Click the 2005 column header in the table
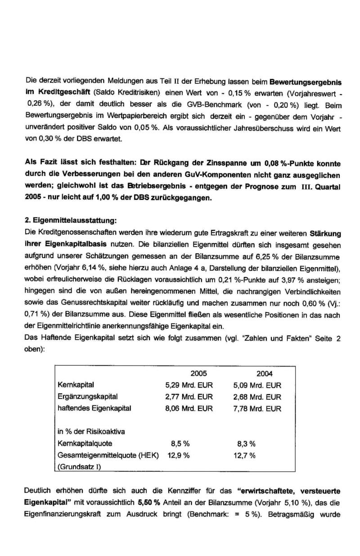pos(199,374)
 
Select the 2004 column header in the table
pos(265,374)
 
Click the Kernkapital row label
pos(75,385)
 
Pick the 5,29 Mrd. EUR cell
pos(189,385)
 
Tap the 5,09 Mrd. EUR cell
pos(257,385)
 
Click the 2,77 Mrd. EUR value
pos(189,397)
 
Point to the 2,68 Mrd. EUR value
pos(257,397)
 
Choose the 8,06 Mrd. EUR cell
pos(189,409)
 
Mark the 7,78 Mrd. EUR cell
pos(257,409)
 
